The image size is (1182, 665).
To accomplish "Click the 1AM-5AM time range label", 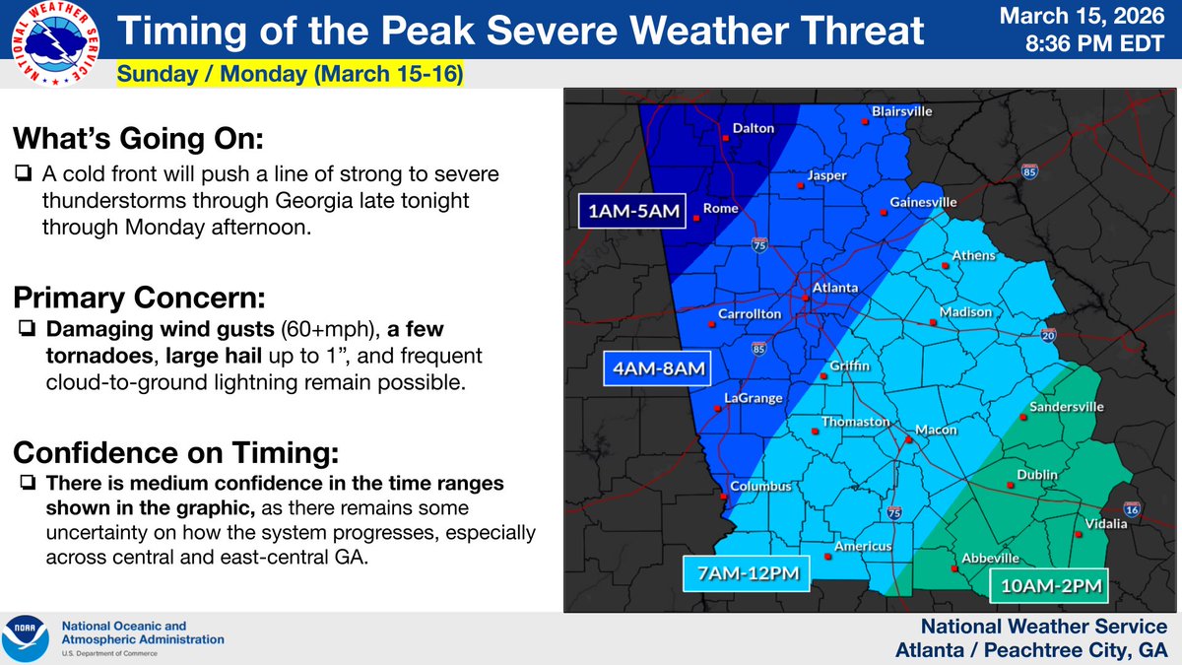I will [624, 211].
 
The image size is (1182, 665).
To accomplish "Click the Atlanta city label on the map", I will [834, 290].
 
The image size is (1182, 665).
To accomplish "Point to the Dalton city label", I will [753, 128].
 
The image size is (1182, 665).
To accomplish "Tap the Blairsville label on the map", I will [901, 112].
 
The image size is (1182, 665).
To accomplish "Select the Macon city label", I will [936, 431].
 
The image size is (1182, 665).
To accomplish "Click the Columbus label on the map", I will [760, 487].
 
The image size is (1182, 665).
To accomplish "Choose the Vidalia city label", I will [1105, 523].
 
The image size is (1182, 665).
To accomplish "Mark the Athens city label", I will [973, 256].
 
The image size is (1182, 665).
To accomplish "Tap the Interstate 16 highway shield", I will [1133, 509].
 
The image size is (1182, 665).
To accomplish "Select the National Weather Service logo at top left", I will [54, 44].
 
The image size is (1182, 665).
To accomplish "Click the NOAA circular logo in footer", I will [28, 638].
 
